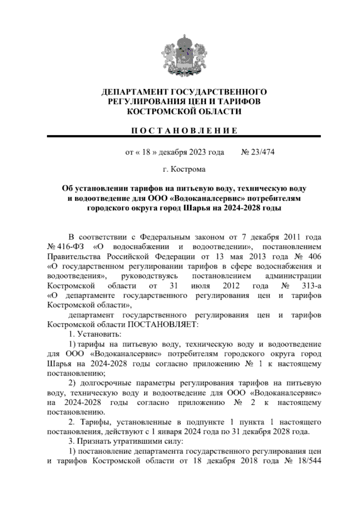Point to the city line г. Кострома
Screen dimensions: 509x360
184,169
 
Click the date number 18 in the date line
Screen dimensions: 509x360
146,152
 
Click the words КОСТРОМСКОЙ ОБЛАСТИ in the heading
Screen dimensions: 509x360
184,112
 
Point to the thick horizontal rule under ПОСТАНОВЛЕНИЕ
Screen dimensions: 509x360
184,136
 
